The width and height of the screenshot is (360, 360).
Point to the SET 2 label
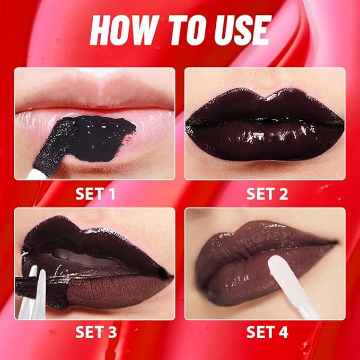267,194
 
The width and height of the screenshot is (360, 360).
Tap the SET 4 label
267,332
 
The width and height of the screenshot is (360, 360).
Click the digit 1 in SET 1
111,194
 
